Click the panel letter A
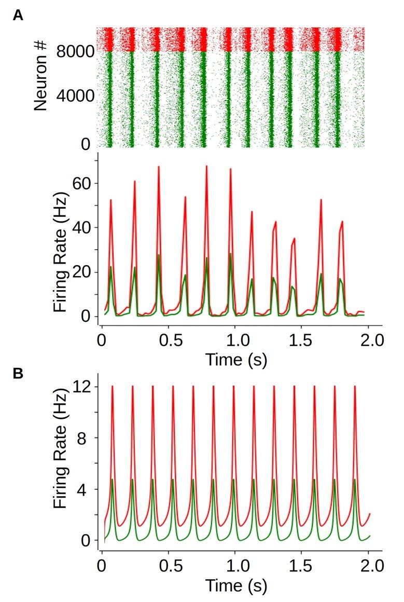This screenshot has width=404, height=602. pyautogui.click(x=18, y=16)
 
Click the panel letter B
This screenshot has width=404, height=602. pyautogui.click(x=18, y=374)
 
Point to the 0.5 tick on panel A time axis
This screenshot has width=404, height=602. pyautogui.click(x=168, y=341)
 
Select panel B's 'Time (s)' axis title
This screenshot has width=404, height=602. pyautogui.click(x=235, y=586)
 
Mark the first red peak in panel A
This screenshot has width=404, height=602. pyautogui.click(x=110, y=200)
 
